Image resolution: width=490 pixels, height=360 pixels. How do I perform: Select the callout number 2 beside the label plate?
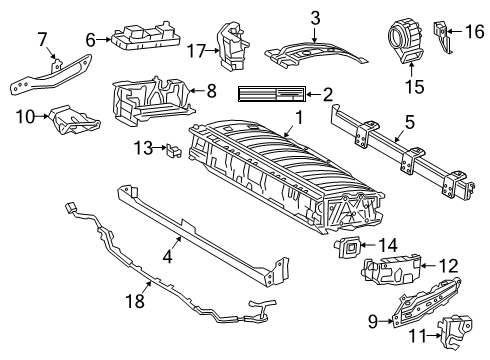(x=327, y=95)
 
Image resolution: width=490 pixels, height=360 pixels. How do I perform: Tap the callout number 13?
(x=140, y=149)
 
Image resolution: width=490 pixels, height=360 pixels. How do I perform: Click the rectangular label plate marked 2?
(x=272, y=95)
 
